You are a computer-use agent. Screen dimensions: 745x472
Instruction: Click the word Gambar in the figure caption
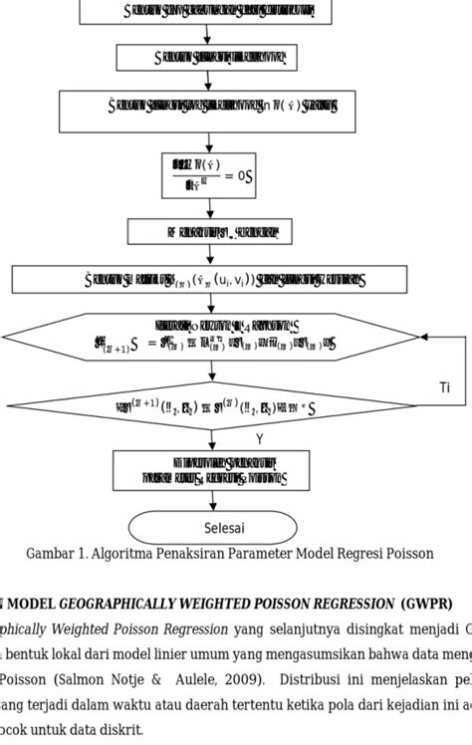point(48,554)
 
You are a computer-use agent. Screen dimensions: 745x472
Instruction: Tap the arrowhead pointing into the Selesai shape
point(210,509)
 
